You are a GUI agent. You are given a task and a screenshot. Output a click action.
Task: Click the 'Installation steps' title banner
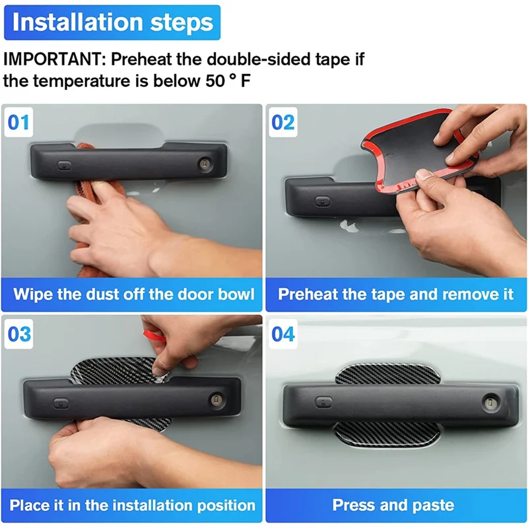click(x=112, y=22)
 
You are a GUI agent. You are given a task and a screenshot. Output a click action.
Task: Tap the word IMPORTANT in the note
click(x=55, y=59)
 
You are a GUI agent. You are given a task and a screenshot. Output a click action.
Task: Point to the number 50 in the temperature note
click(x=215, y=81)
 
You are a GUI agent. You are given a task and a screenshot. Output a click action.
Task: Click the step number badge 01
click(x=18, y=122)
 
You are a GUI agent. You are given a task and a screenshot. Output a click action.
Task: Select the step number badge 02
click(x=283, y=122)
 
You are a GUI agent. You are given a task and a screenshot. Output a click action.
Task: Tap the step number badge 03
click(x=19, y=334)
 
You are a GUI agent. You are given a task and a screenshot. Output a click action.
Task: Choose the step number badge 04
click(x=283, y=334)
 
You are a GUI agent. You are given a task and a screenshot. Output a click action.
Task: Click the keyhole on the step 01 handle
click(x=205, y=164)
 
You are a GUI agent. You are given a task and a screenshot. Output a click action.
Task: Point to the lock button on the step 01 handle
click(x=64, y=166)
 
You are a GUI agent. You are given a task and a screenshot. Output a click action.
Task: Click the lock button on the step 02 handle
click(x=322, y=202)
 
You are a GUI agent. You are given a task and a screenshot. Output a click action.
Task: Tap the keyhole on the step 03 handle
click(x=216, y=400)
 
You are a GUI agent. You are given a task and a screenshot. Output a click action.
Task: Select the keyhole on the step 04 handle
click(x=490, y=402)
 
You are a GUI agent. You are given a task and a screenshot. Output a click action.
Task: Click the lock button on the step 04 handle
click(x=323, y=402)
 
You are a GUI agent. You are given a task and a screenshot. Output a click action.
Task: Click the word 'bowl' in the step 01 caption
click(x=236, y=294)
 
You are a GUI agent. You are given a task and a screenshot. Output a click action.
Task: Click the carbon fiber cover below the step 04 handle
click(x=387, y=435)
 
